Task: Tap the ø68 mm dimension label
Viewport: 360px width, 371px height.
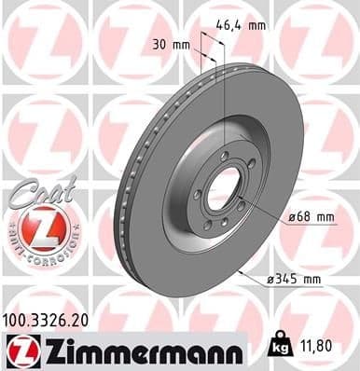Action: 312,217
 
